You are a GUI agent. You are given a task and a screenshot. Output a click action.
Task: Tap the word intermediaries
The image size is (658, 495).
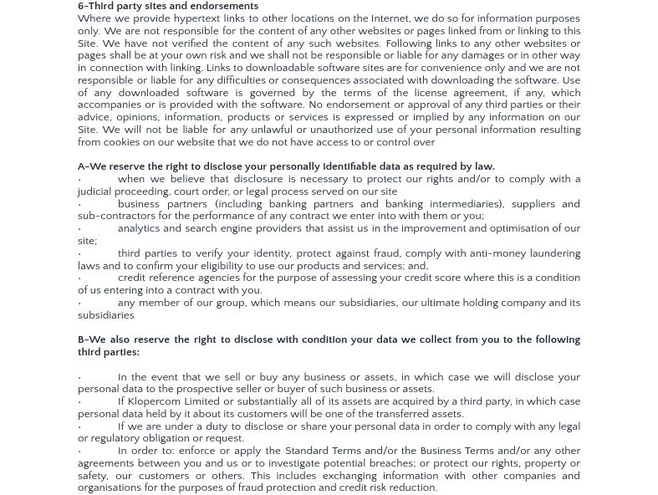[x=465, y=204]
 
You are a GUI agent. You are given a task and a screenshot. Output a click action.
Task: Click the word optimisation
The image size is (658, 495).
[x=504, y=228]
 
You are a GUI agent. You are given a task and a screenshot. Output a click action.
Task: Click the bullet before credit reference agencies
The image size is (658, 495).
[x=80, y=278]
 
